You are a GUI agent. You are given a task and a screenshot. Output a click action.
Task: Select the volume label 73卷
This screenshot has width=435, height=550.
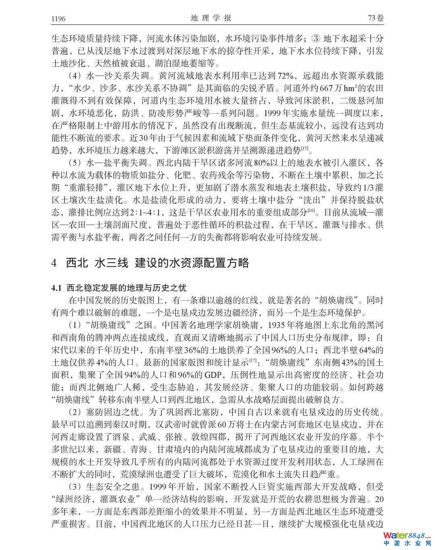click(376, 18)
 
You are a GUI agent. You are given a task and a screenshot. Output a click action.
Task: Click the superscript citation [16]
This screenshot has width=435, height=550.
click(311, 210)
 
